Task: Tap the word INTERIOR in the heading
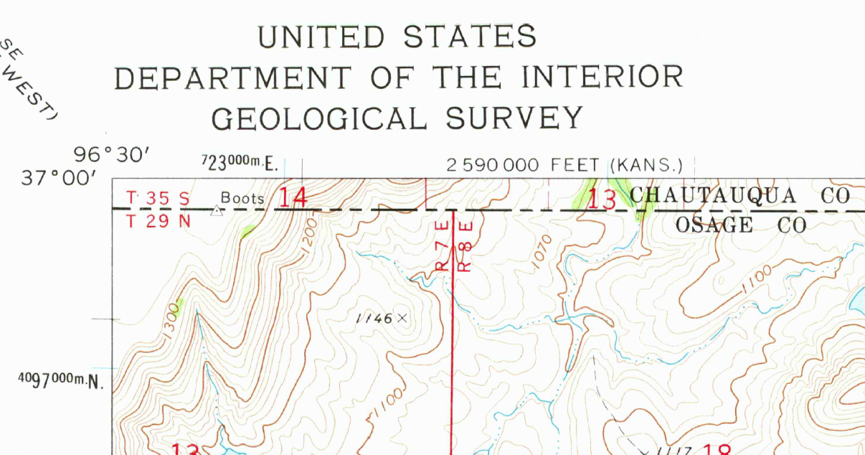[x=602, y=77]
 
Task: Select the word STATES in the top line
[x=470, y=37]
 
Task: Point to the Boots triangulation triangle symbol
[x=217, y=210]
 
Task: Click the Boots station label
[x=242, y=198]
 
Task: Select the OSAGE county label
[x=714, y=225]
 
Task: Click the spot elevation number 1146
[x=374, y=318]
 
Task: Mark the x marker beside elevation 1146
[x=402, y=317]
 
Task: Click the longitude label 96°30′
[x=112, y=154]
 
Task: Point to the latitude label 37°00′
[x=59, y=177]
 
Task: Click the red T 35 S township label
[x=158, y=197]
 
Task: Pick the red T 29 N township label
[x=158, y=221]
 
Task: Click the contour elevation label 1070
[x=543, y=252]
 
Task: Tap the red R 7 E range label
[x=442, y=246]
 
